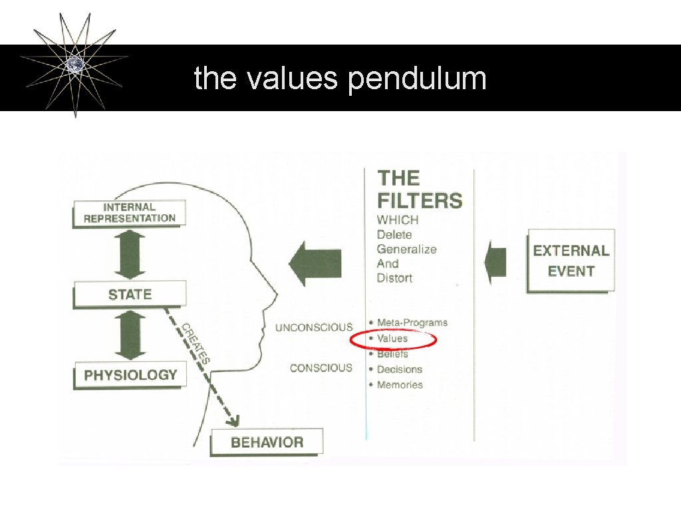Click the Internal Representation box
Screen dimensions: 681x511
(129, 213)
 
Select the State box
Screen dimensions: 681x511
(130, 294)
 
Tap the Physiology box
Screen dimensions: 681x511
(130, 375)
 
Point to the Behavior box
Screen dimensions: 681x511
(267, 442)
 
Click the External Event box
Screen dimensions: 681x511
(571, 260)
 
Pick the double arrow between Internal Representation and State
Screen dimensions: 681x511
(130, 254)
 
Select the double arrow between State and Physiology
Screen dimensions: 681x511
(130, 335)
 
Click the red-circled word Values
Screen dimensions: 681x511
(392, 339)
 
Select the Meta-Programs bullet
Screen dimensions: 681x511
(412, 323)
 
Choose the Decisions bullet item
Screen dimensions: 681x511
(399, 369)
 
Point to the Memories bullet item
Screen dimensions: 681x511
(399, 385)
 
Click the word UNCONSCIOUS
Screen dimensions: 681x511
(314, 327)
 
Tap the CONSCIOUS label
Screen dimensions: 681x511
(321, 368)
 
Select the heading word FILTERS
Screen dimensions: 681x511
(420, 200)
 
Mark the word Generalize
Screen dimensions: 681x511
(406, 249)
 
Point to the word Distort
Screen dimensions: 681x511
(394, 277)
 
